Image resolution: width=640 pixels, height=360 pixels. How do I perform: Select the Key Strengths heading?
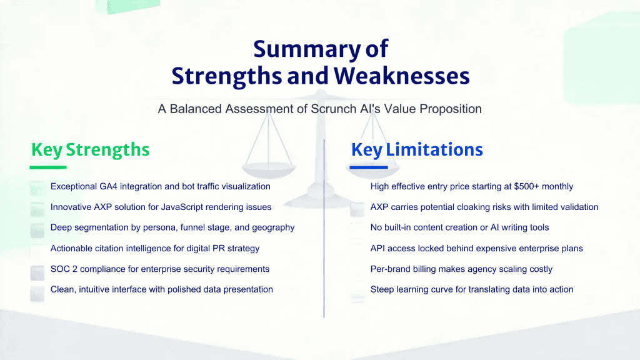pos(90,150)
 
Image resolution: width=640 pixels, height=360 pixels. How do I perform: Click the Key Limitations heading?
pos(417,150)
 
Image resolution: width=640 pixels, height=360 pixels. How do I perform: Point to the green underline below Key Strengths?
pos(48,167)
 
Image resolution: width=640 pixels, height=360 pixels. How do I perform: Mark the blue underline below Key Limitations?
pos(369,167)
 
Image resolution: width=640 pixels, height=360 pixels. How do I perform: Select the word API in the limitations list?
pos(377,249)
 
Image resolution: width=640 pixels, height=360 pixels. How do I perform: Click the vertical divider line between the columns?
pos(324,229)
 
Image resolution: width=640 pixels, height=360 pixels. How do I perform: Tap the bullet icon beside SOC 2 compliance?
pos(37,272)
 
